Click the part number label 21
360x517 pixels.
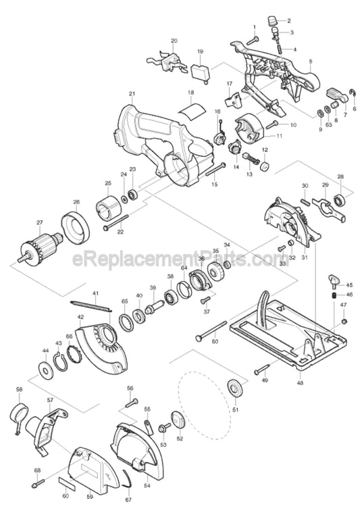pos(132,93)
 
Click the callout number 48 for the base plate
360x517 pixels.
pos(299,384)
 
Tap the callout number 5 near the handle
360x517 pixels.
pos(310,62)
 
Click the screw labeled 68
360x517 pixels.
pos(36,483)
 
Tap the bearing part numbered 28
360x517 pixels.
pos(340,199)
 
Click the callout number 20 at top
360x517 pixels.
pos(174,41)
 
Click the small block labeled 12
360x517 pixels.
pos(265,165)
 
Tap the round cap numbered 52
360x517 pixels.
pos(179,419)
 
